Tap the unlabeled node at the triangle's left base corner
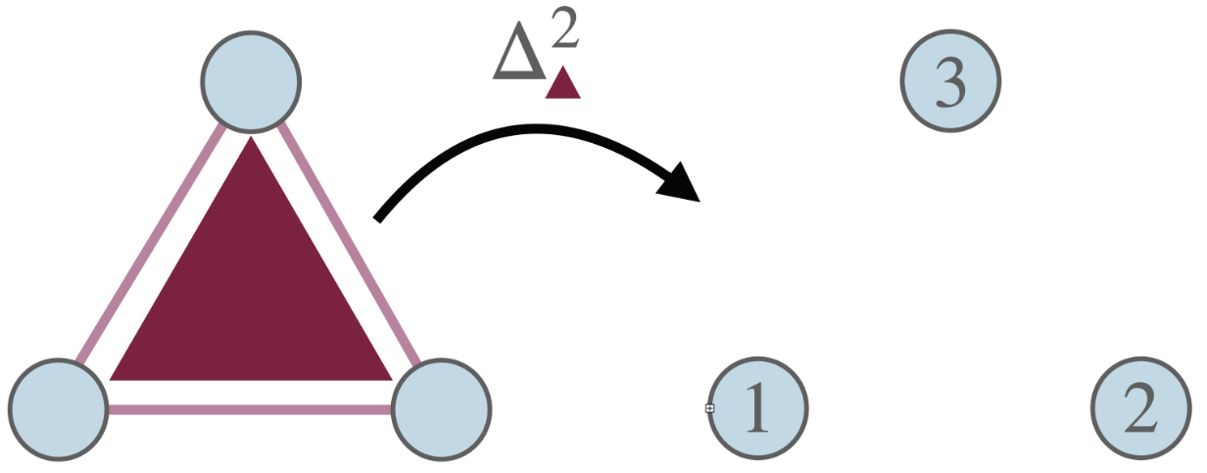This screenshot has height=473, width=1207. tap(58, 409)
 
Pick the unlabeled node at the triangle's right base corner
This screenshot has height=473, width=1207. tap(441, 409)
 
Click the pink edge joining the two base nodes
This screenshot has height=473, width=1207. tap(250, 409)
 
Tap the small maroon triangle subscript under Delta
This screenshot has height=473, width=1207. tap(563, 84)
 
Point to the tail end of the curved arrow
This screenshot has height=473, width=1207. tap(380, 217)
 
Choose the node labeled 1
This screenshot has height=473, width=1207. tap(757, 409)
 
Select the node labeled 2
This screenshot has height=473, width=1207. tap(1141, 409)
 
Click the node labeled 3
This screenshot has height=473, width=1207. tap(950, 82)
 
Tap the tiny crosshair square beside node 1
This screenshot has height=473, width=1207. tap(709, 408)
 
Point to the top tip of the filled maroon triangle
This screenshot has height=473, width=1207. tap(252, 140)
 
